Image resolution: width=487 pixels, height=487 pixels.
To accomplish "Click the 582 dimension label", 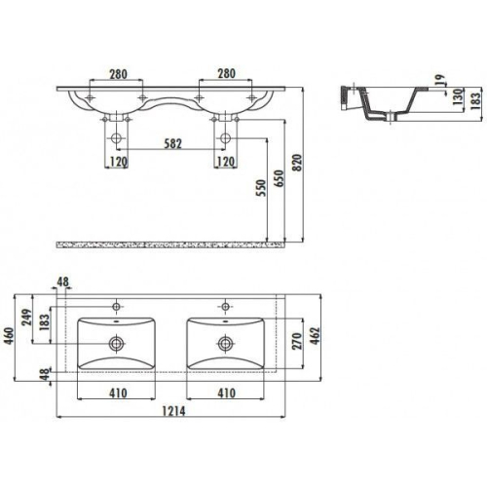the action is (x=172, y=143).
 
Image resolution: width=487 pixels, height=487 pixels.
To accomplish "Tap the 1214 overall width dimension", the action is (x=173, y=411).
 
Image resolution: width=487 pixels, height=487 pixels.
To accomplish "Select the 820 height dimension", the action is (x=297, y=163).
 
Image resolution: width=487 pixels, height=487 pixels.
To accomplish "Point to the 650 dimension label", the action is (x=279, y=178).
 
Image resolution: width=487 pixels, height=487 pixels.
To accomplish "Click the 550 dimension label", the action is (x=261, y=188).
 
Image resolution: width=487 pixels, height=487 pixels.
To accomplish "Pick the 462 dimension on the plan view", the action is (x=315, y=335).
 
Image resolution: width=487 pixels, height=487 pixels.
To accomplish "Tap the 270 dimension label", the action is (x=297, y=341).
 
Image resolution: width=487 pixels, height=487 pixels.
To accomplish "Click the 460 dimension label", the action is (x=9, y=337).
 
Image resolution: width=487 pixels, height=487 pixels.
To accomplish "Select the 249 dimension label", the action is (x=26, y=317).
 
